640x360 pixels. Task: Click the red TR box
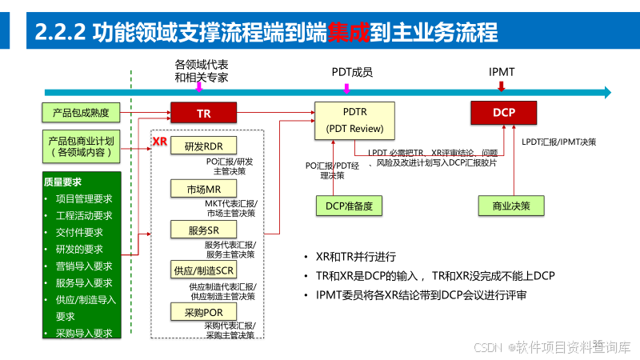[204, 114]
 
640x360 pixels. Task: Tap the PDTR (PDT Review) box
[354, 120]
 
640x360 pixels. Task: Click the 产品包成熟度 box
[81, 112]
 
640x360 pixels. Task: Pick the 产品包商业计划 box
[81, 145]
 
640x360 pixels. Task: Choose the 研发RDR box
[203, 147]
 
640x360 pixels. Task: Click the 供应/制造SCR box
[203, 270]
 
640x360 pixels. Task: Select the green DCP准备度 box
[349, 206]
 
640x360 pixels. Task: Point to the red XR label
[159, 142]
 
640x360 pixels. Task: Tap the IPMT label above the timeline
[502, 72]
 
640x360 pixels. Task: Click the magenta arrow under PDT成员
[346, 87]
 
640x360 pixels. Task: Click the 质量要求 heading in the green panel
[64, 182]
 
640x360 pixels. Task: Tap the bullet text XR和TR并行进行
[356, 257]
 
